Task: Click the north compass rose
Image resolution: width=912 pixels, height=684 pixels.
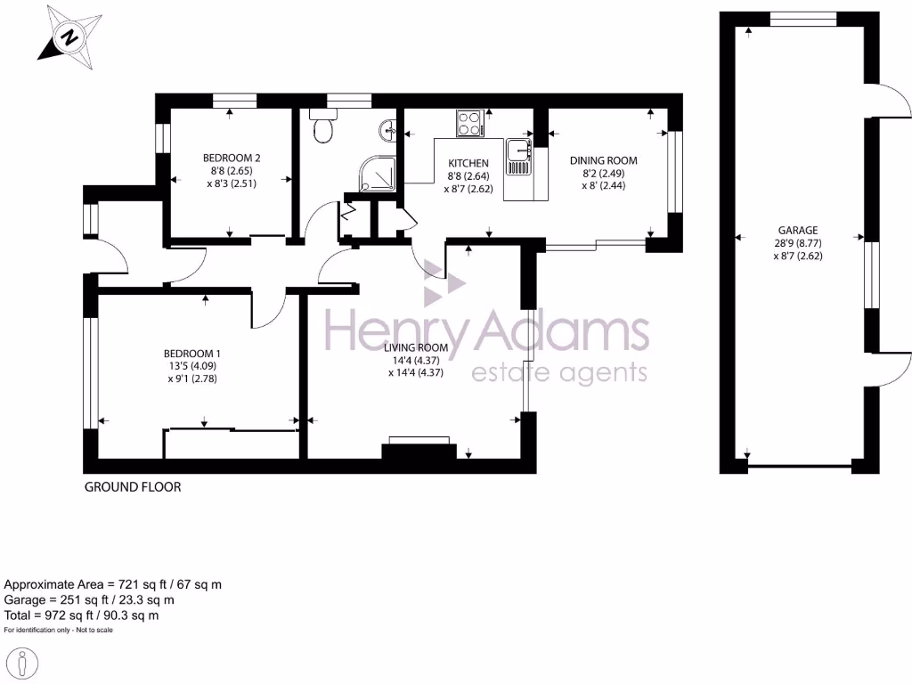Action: point(67,37)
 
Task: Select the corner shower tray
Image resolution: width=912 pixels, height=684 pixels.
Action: point(377,174)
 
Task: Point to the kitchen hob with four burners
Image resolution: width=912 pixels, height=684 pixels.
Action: point(469,123)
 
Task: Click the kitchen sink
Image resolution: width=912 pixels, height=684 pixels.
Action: point(517,159)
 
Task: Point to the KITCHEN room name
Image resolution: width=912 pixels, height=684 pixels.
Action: point(468,163)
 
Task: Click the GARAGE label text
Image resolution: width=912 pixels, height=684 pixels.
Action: point(797,230)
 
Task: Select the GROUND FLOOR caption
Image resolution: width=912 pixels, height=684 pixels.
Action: point(132,487)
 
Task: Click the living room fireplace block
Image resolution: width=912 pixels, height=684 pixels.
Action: point(415,450)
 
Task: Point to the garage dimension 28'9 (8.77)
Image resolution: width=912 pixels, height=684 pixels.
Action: point(797,242)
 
